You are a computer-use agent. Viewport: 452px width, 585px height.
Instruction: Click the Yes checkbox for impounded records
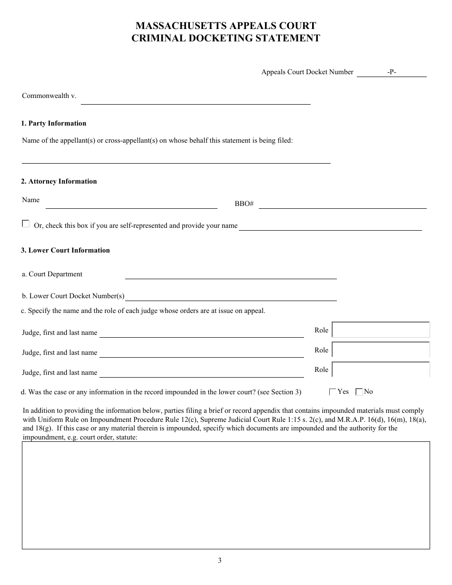point(333,392)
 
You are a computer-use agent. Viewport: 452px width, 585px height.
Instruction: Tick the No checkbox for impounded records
point(359,392)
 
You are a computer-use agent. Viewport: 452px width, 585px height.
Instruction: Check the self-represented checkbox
point(26,224)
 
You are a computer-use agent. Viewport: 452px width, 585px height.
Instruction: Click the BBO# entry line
point(342,205)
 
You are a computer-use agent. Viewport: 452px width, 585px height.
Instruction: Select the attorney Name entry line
point(131,205)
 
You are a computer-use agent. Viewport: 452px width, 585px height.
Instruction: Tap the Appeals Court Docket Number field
point(391,72)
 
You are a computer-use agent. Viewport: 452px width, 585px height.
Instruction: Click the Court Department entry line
point(230,274)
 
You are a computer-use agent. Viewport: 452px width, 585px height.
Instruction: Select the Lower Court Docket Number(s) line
point(230,296)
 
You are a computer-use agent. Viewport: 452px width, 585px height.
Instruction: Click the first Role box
point(381,330)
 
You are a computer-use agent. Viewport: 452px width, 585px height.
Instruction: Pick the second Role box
point(381,350)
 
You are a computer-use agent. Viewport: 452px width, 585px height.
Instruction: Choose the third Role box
point(381,370)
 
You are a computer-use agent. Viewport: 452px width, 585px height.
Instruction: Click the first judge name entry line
point(201,333)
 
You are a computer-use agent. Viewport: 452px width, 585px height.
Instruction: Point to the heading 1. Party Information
point(53,124)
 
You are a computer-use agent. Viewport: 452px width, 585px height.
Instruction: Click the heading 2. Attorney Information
point(59,181)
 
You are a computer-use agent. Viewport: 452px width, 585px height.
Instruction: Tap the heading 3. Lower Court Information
point(65,251)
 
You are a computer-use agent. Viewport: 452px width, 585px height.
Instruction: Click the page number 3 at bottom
point(220,560)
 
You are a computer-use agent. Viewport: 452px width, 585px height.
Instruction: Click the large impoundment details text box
point(226,495)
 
